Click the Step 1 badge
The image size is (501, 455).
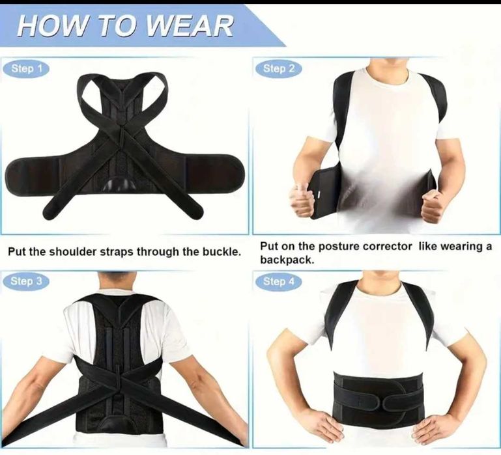pos(26,68)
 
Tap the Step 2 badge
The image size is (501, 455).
pos(278,68)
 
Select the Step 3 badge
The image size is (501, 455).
pos(26,281)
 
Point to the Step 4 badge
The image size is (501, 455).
pos(278,281)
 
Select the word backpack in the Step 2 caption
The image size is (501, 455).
pos(287,260)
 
